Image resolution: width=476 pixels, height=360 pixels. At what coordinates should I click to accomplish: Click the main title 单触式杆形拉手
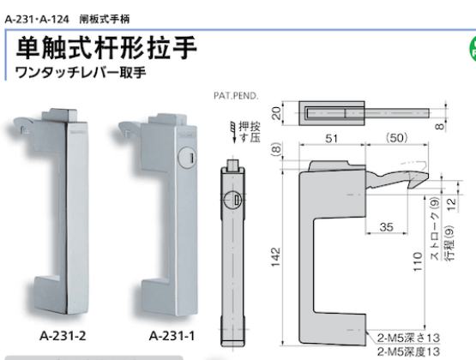106,45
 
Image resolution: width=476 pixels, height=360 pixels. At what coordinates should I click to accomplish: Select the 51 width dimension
328,138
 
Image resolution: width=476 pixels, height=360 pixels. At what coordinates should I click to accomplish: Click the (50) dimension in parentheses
396,138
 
